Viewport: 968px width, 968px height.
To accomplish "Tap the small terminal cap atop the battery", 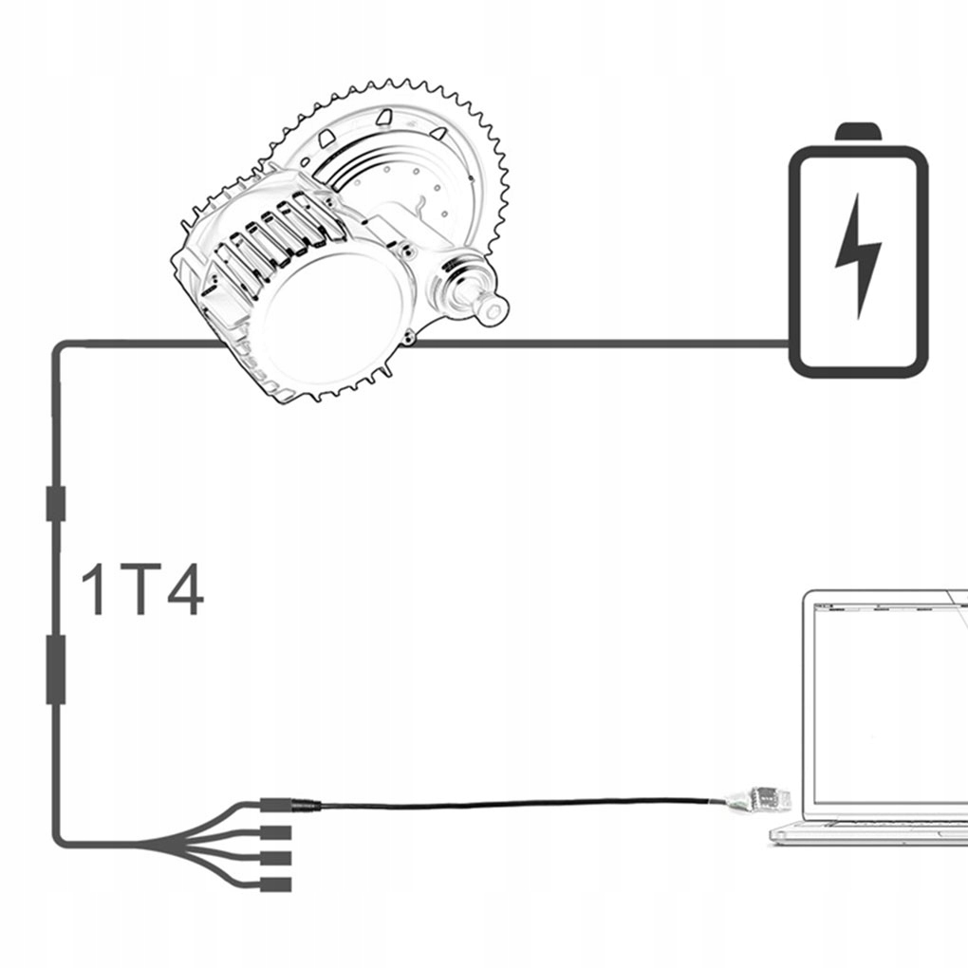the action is [x=857, y=131].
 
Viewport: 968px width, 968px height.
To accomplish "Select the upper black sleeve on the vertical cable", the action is [x=56, y=502].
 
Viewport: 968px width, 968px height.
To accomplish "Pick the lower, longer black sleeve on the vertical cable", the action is [x=56, y=670].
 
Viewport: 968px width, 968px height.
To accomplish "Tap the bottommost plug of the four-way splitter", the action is [x=275, y=884].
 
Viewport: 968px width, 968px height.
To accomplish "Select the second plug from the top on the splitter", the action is [x=275, y=832].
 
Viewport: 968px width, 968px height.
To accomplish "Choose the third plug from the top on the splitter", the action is [x=275, y=858].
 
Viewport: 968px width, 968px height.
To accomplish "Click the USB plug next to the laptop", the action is [x=759, y=799].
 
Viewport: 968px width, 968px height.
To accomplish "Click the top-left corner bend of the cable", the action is [x=59, y=347].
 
